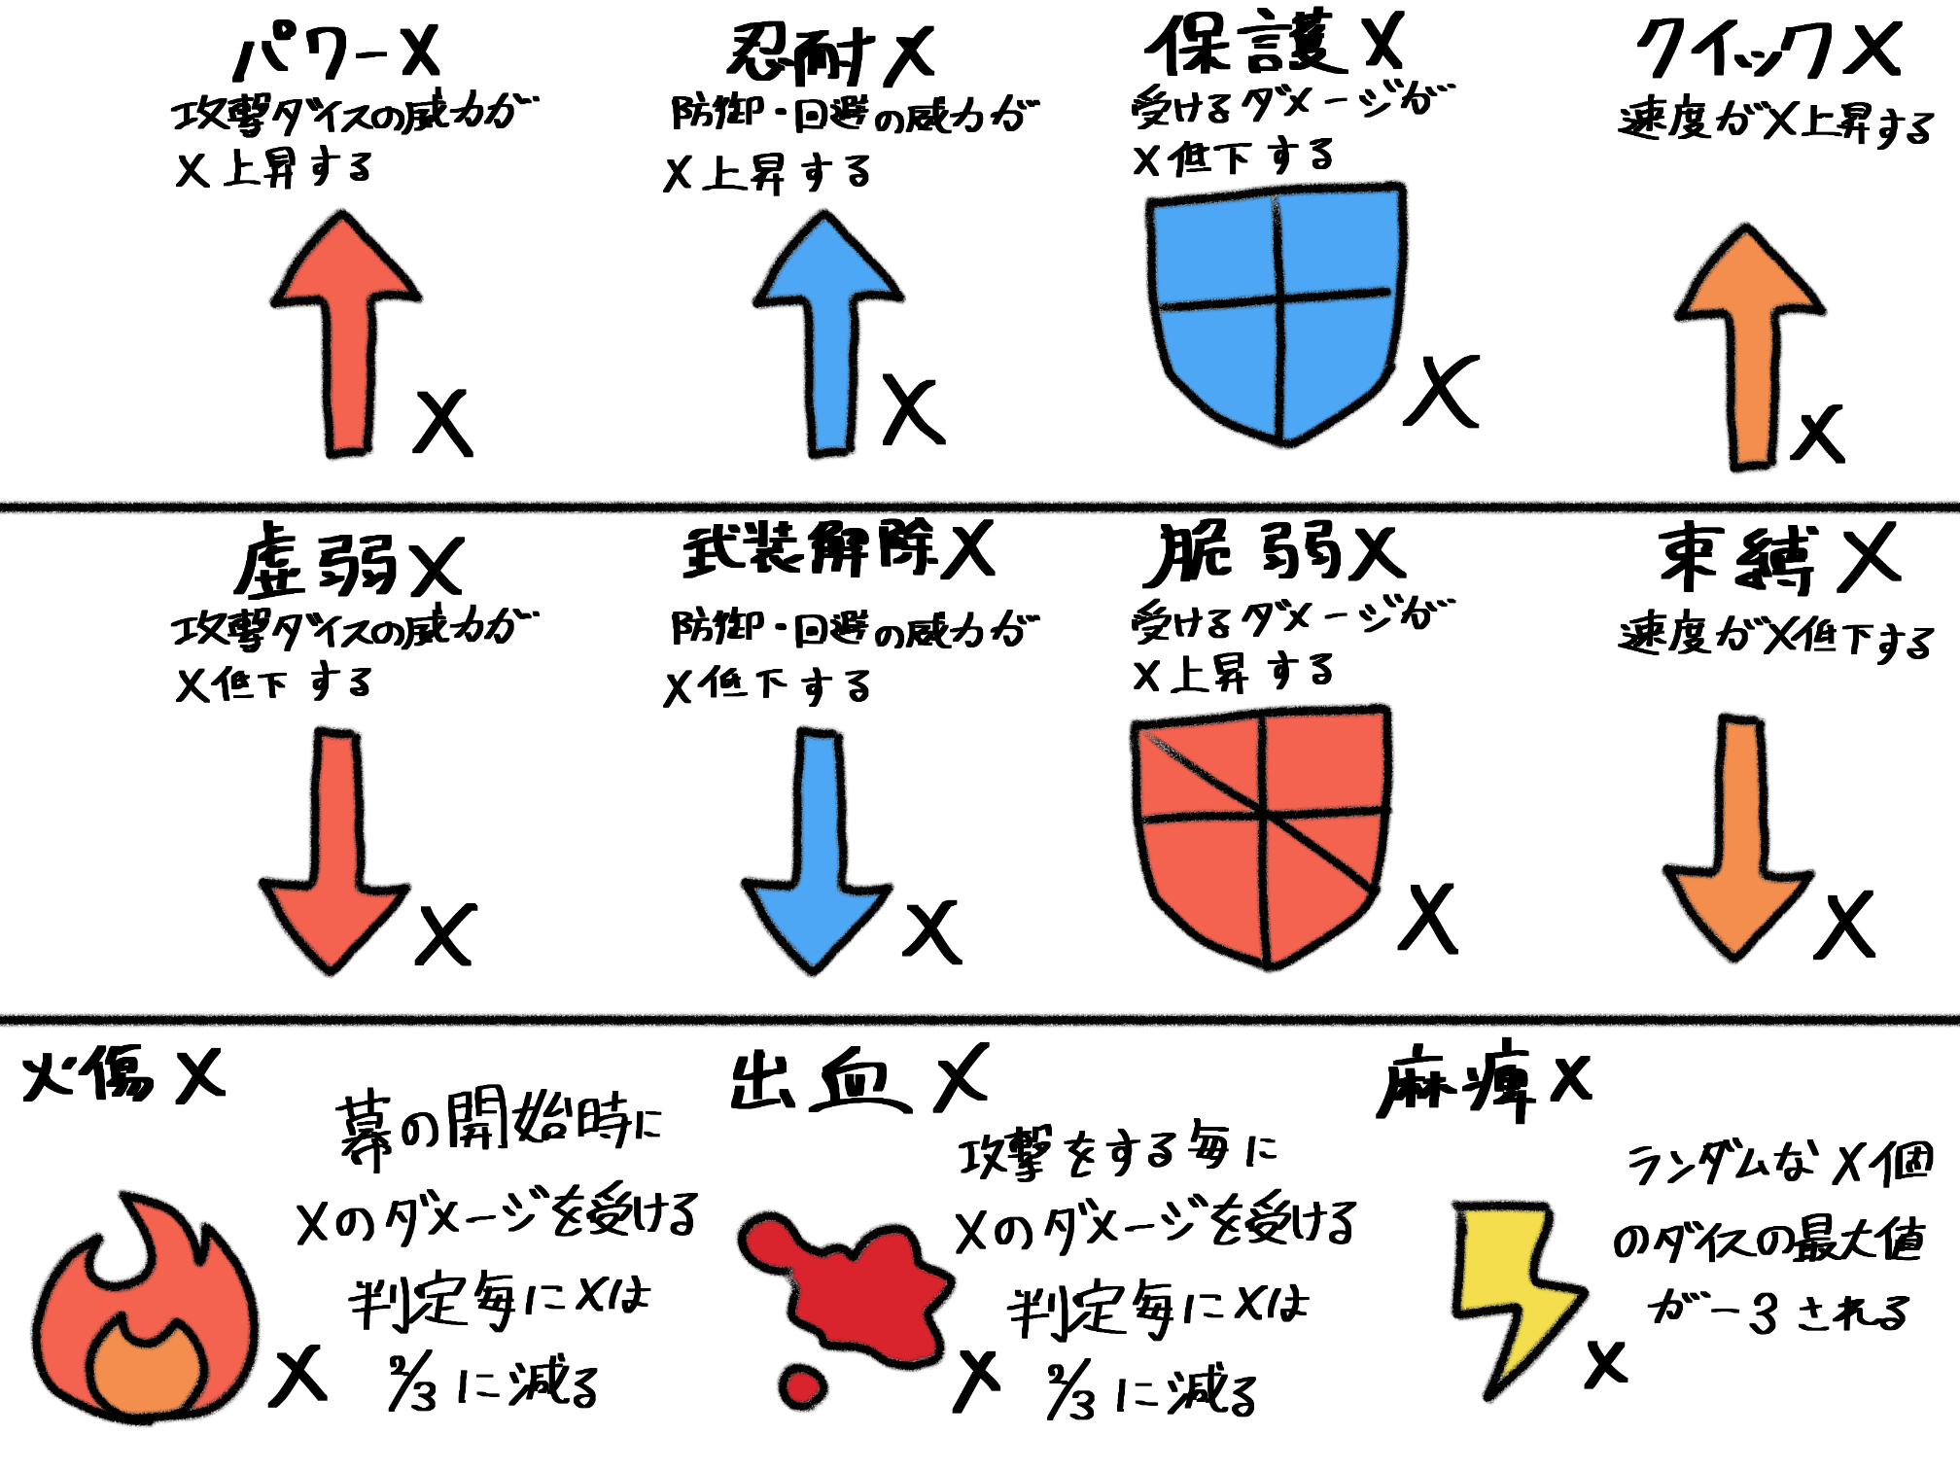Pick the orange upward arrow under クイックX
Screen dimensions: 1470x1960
point(1750,350)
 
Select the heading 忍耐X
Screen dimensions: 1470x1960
point(831,53)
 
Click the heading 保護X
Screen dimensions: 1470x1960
point(1274,44)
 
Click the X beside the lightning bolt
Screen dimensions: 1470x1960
point(1605,1363)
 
